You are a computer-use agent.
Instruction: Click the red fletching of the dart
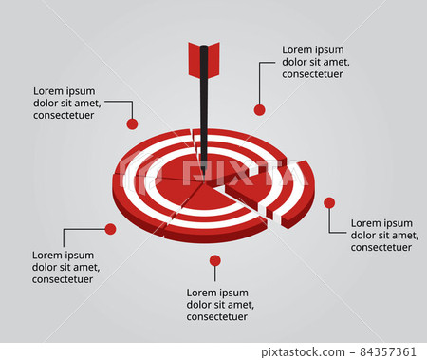(204, 59)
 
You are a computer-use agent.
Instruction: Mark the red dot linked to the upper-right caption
(259, 110)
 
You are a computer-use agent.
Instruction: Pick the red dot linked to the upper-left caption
(132, 123)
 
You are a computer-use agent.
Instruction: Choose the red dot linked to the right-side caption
(329, 202)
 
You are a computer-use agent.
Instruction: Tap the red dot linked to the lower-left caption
(110, 229)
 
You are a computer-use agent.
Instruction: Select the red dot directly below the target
(215, 260)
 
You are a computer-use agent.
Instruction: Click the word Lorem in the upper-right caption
(298, 49)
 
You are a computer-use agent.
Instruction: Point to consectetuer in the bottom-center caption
(217, 317)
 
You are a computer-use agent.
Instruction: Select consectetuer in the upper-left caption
(65, 117)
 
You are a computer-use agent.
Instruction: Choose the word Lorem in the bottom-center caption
(201, 293)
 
